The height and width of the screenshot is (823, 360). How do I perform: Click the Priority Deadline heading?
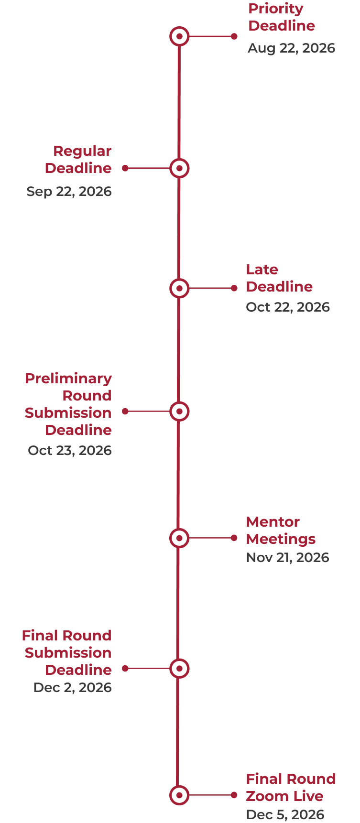(x=281, y=17)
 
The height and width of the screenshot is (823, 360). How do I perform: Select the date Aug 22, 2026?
(x=291, y=48)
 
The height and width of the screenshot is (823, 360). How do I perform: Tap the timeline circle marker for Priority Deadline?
(x=179, y=36)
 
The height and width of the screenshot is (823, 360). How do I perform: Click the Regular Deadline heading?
(x=78, y=160)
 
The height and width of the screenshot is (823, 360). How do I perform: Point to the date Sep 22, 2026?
(x=69, y=192)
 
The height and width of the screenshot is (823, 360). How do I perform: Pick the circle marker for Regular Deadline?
(x=179, y=168)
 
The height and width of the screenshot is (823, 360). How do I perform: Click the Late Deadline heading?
(x=279, y=278)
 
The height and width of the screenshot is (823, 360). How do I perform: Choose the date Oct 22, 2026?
(x=288, y=307)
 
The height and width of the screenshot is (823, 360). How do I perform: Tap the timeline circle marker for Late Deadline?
(x=179, y=288)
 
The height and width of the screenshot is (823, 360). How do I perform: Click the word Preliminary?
(x=68, y=379)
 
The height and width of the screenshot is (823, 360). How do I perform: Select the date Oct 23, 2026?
(x=70, y=451)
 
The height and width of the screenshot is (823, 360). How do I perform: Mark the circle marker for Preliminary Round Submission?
(x=179, y=411)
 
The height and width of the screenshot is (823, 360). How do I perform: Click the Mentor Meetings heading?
(x=280, y=531)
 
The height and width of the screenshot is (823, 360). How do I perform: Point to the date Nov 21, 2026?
(x=287, y=558)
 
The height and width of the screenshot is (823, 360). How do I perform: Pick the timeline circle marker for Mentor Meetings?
(x=179, y=538)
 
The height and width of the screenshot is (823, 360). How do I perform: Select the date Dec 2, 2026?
(x=73, y=688)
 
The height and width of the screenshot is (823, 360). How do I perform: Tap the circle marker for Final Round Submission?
(x=179, y=669)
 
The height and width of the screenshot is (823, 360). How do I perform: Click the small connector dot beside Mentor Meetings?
(x=234, y=538)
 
